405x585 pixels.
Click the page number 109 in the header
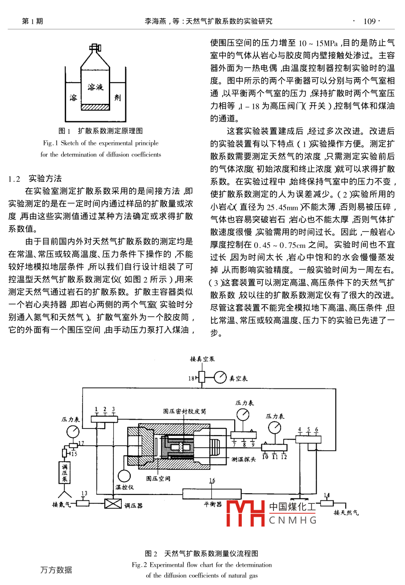click(x=370, y=21)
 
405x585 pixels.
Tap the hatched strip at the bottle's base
click(x=95, y=107)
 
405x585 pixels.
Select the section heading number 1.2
click(x=15, y=179)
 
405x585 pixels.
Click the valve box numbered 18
click(x=202, y=378)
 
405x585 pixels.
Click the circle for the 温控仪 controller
click(x=124, y=476)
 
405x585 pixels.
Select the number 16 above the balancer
click(x=212, y=481)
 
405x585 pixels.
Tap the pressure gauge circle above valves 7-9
click(x=243, y=414)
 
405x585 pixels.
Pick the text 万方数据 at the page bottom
click(x=56, y=570)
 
